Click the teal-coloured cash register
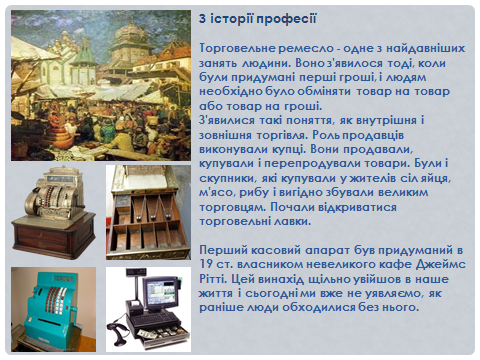tap(50, 305)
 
